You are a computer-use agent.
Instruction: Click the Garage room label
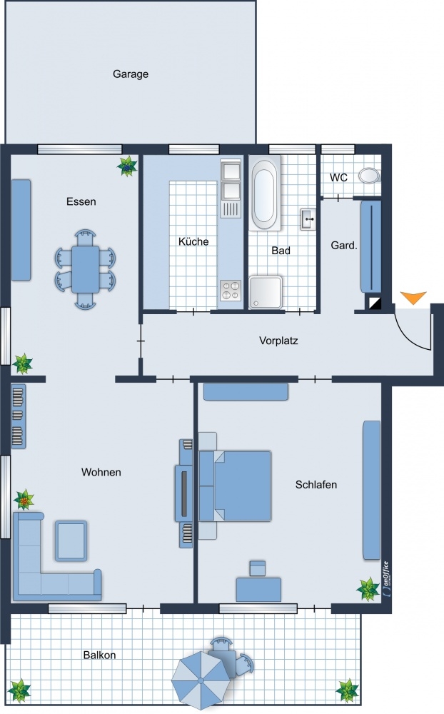(x=131, y=74)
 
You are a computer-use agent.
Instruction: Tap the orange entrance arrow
(x=413, y=297)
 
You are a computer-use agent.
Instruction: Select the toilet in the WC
(x=369, y=176)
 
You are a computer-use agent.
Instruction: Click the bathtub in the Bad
(x=265, y=193)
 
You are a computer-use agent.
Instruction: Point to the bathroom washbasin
(x=308, y=219)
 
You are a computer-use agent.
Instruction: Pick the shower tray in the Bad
(x=266, y=292)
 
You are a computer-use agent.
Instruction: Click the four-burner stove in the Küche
(x=231, y=291)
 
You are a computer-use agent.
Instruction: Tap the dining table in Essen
(x=85, y=269)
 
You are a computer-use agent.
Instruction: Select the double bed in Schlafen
(x=236, y=486)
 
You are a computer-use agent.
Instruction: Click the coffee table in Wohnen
(x=71, y=541)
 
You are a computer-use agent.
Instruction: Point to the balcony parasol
(x=198, y=680)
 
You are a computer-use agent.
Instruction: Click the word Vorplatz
(x=278, y=341)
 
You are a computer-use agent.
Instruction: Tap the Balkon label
(x=99, y=655)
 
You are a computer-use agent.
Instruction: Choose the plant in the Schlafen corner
(x=368, y=589)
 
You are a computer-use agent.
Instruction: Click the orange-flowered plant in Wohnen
(x=24, y=500)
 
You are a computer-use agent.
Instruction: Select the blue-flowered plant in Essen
(x=127, y=166)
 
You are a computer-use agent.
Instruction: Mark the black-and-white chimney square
(x=375, y=303)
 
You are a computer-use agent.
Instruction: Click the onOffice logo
(x=385, y=578)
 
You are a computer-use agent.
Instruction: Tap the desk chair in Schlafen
(x=258, y=569)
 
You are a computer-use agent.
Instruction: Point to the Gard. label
(x=344, y=246)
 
